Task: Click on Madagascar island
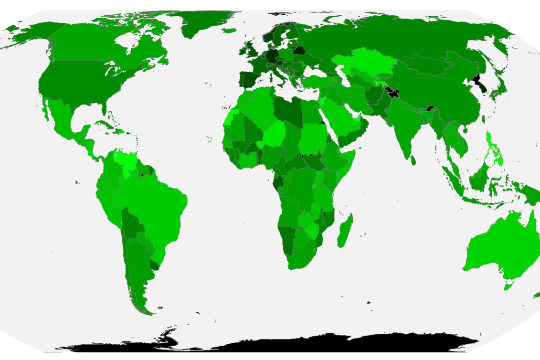pos(344,231)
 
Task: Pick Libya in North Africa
pos(289,110)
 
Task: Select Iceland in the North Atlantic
pos(230,31)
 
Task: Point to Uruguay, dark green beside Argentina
pos(154,265)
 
